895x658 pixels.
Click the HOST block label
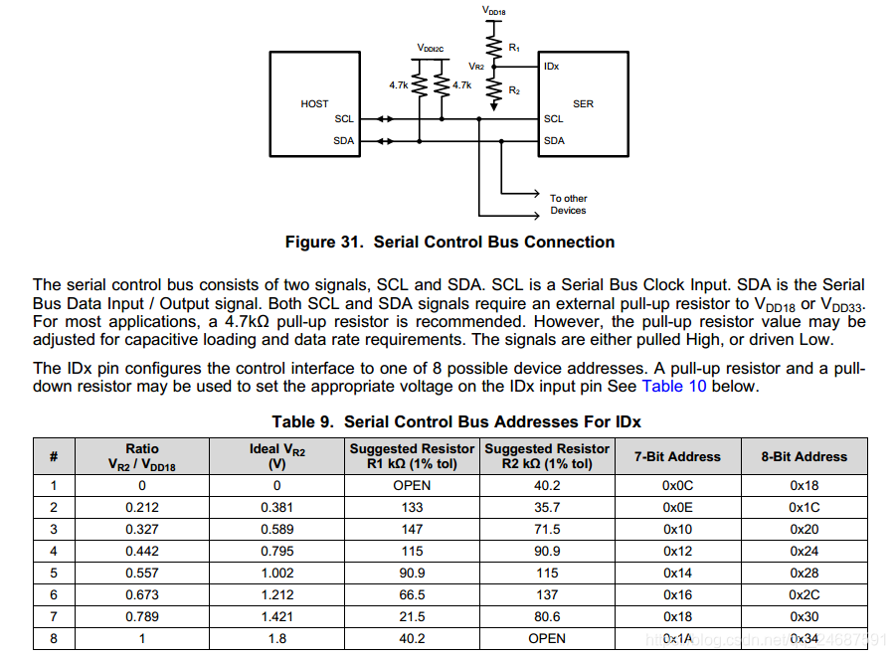pyautogui.click(x=314, y=104)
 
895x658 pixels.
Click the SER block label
pyautogui.click(x=583, y=104)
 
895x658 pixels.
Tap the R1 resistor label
pyautogui.click(x=514, y=47)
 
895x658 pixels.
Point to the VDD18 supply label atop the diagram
pyautogui.click(x=493, y=10)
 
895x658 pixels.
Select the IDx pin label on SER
pyautogui.click(x=551, y=67)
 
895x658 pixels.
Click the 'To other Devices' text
pyautogui.click(x=568, y=204)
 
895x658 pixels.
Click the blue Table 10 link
pyautogui.click(x=673, y=386)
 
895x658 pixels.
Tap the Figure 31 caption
pyautogui.click(x=449, y=242)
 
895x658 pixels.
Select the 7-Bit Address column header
pyautogui.click(x=677, y=456)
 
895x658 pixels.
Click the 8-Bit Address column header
pyautogui.click(x=804, y=456)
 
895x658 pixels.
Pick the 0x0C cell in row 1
pyautogui.click(x=677, y=485)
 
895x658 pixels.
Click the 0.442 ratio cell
pyautogui.click(x=142, y=551)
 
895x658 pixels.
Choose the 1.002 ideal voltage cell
pyautogui.click(x=277, y=573)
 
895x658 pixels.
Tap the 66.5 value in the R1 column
pyautogui.click(x=412, y=594)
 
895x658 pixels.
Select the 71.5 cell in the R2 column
pyautogui.click(x=547, y=529)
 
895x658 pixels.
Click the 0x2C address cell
pyautogui.click(x=804, y=594)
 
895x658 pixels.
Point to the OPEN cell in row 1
pyautogui.click(x=412, y=485)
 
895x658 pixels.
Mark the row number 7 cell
pyautogui.click(x=54, y=616)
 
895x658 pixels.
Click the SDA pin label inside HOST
pyautogui.click(x=343, y=141)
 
